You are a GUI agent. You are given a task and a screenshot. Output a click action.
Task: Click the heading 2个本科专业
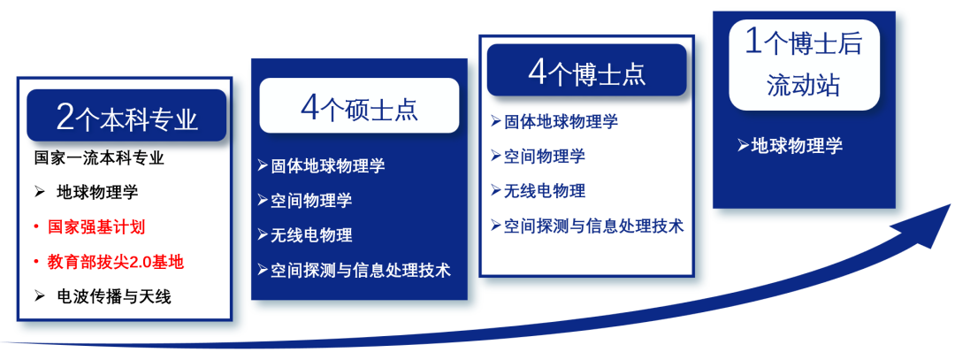[x=127, y=116]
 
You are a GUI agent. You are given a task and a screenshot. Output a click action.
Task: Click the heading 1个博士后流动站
[x=803, y=65]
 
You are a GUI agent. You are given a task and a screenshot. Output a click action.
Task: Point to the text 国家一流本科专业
[x=100, y=159]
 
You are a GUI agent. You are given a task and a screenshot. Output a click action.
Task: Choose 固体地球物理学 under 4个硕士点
[x=328, y=165]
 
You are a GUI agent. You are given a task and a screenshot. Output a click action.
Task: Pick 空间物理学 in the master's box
[x=311, y=200]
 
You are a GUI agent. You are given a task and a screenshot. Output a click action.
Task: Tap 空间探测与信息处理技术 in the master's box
[x=361, y=270]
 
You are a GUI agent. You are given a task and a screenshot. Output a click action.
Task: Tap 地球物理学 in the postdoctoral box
[x=797, y=145]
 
